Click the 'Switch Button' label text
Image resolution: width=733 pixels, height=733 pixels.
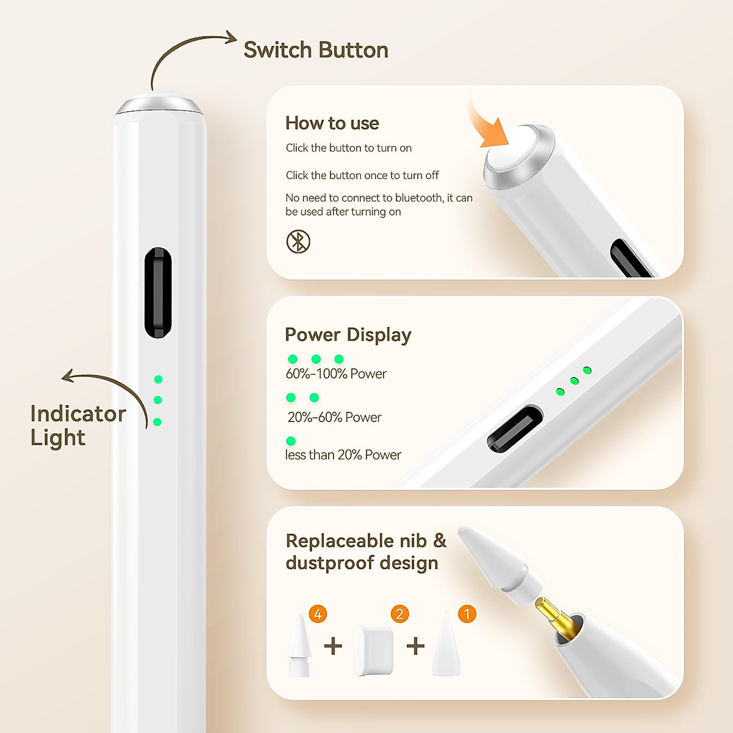[x=315, y=50]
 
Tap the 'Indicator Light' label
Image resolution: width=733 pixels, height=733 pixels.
[x=78, y=425]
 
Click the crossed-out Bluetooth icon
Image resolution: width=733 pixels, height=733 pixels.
[x=298, y=241]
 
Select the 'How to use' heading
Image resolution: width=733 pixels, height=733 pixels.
[x=332, y=123]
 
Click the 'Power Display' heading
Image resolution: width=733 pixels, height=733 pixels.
[x=348, y=335]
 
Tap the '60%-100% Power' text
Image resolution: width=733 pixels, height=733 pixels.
[x=336, y=374]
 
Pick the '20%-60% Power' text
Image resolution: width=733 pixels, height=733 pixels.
[x=334, y=417]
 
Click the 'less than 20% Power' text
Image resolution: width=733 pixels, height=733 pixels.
[x=343, y=455]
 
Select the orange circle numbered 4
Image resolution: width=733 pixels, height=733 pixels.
[x=318, y=613]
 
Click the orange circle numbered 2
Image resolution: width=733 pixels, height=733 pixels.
[x=399, y=613]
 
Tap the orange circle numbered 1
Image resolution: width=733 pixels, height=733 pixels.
[x=467, y=613]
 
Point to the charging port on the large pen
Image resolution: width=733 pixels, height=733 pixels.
[x=158, y=293]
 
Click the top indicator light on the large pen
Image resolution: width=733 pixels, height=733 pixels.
[x=158, y=379]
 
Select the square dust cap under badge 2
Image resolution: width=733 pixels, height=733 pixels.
[x=373, y=651]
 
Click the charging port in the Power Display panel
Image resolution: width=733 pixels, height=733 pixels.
[x=514, y=429]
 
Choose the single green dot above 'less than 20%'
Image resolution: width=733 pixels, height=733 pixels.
[x=291, y=441]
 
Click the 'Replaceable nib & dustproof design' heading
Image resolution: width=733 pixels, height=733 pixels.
[x=365, y=552]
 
